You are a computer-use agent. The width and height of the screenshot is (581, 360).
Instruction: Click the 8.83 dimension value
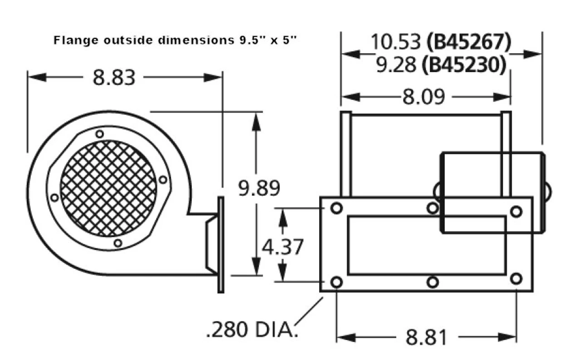point(114,77)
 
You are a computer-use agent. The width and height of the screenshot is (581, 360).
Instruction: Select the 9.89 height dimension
point(259,188)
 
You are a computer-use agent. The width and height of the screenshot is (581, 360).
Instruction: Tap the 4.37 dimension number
point(282,247)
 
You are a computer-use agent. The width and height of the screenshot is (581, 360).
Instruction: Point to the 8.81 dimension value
point(426,337)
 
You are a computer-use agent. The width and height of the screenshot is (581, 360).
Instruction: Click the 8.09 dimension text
point(423,97)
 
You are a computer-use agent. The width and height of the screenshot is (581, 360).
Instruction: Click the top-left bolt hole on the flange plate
point(336,208)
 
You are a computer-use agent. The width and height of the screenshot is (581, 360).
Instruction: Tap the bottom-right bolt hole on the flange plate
point(516,278)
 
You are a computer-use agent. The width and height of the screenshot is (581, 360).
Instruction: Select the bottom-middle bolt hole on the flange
point(433,282)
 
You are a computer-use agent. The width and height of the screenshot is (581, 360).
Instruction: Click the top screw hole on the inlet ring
point(99,134)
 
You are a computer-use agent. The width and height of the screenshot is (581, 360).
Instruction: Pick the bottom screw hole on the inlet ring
point(118,243)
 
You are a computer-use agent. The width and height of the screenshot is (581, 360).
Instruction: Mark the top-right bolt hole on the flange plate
point(516,211)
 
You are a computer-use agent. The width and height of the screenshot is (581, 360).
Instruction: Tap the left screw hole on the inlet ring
point(54,197)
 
